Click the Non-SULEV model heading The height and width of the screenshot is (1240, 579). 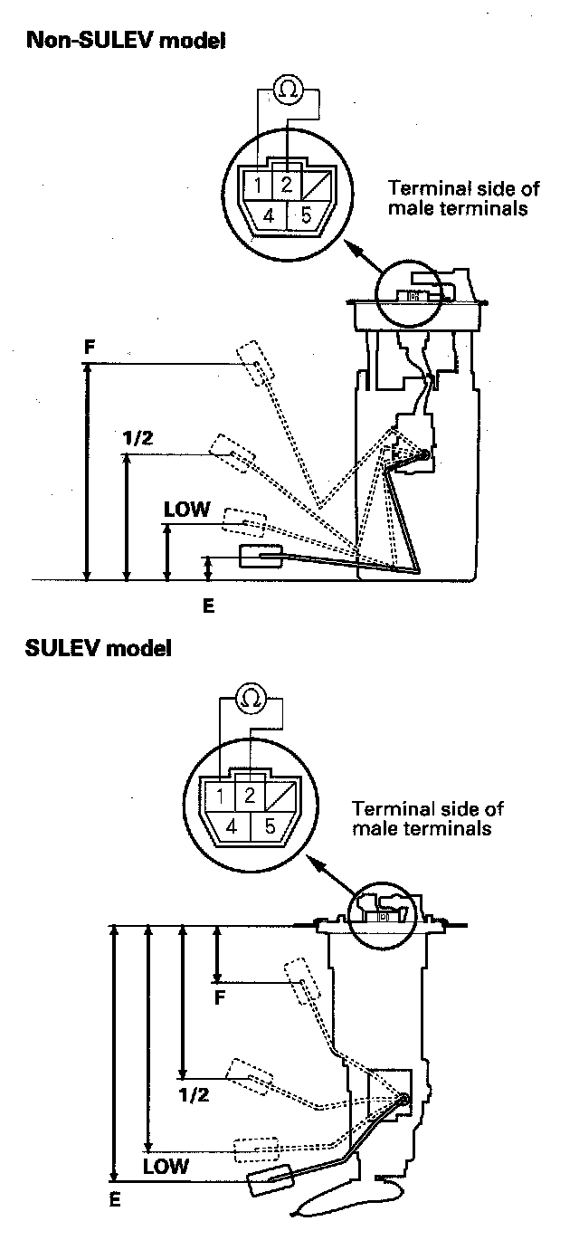point(127,41)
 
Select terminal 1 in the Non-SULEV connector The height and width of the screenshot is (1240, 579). point(259,186)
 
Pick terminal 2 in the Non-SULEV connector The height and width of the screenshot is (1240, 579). point(286,186)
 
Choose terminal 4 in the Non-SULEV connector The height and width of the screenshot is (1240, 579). point(270,216)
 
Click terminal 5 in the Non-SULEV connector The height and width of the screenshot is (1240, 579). point(306,216)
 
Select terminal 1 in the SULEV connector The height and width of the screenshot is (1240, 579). point(220,797)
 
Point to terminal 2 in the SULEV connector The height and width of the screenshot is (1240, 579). point(248,797)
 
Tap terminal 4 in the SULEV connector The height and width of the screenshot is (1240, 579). point(232,826)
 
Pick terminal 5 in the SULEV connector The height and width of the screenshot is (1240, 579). point(270,826)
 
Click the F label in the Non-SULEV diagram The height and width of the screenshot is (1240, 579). point(88,347)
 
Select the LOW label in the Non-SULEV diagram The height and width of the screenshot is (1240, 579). point(186,510)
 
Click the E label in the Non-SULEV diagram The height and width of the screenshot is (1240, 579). point(208,606)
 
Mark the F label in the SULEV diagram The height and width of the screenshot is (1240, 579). point(219,997)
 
